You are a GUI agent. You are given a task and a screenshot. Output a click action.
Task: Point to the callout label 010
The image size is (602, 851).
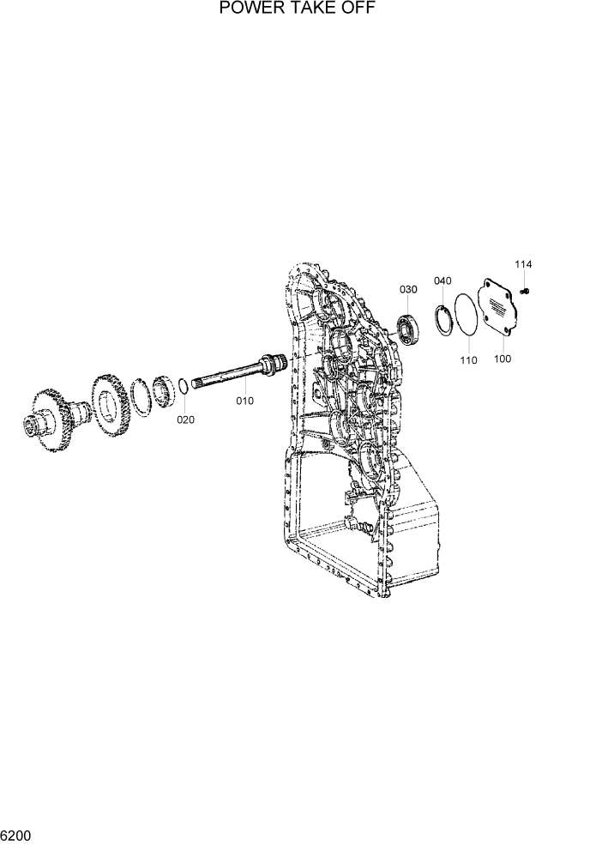coord(245,400)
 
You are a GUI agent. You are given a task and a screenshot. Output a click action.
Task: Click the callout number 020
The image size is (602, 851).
coord(186,419)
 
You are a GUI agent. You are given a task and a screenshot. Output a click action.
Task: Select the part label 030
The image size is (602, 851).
coord(408,290)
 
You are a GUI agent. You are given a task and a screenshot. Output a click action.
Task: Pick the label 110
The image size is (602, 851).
coord(468,361)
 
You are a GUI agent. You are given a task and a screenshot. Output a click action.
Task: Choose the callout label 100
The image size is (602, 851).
coord(503,359)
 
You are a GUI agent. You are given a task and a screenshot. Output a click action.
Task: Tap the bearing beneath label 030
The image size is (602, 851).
coord(406,330)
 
